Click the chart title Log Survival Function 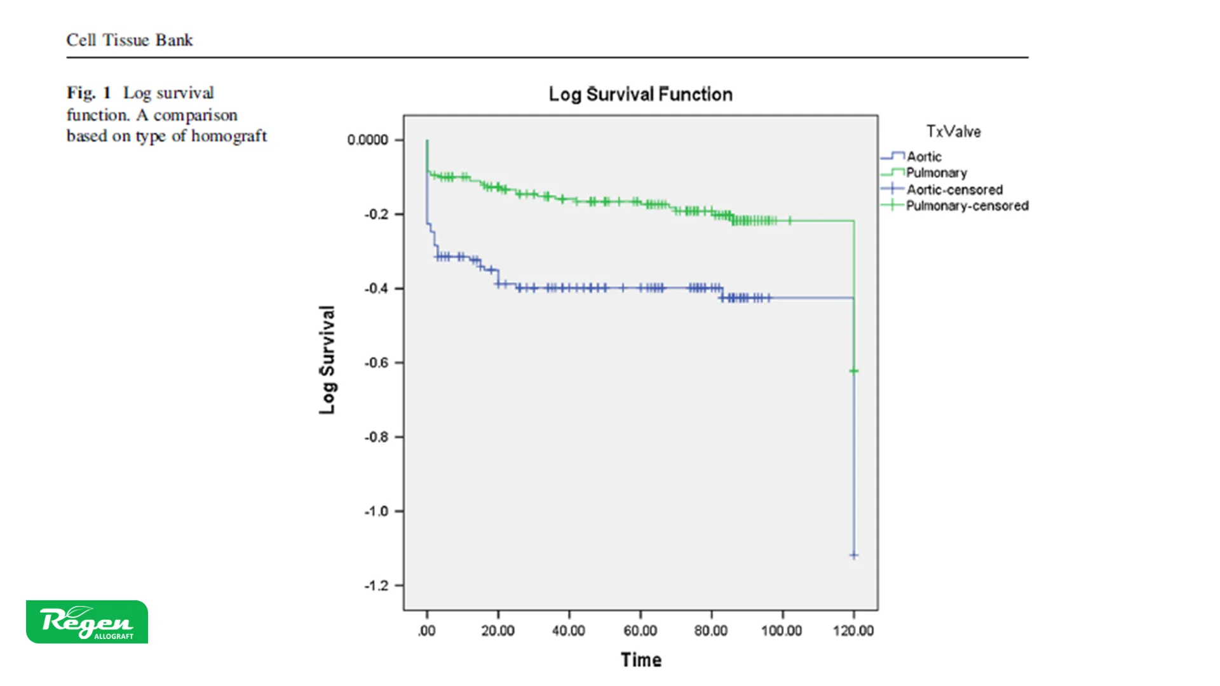click(x=640, y=95)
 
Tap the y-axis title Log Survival click(x=327, y=360)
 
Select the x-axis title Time click(x=641, y=660)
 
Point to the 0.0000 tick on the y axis click(x=367, y=140)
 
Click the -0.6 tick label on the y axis click(x=376, y=363)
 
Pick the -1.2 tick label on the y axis click(x=376, y=586)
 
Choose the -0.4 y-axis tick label click(x=376, y=288)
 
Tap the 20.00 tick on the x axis click(x=498, y=631)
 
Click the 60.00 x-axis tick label click(x=640, y=631)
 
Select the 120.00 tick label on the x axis click(x=853, y=631)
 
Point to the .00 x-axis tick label click(x=427, y=631)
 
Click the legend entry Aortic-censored click(x=954, y=189)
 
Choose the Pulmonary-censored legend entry click(x=966, y=206)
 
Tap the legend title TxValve click(x=953, y=131)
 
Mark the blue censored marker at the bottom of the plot click(x=854, y=555)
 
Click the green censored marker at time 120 click(x=854, y=371)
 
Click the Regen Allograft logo click(x=87, y=622)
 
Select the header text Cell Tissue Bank click(x=130, y=40)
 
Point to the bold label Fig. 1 click(x=88, y=93)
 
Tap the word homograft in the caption click(x=229, y=136)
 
